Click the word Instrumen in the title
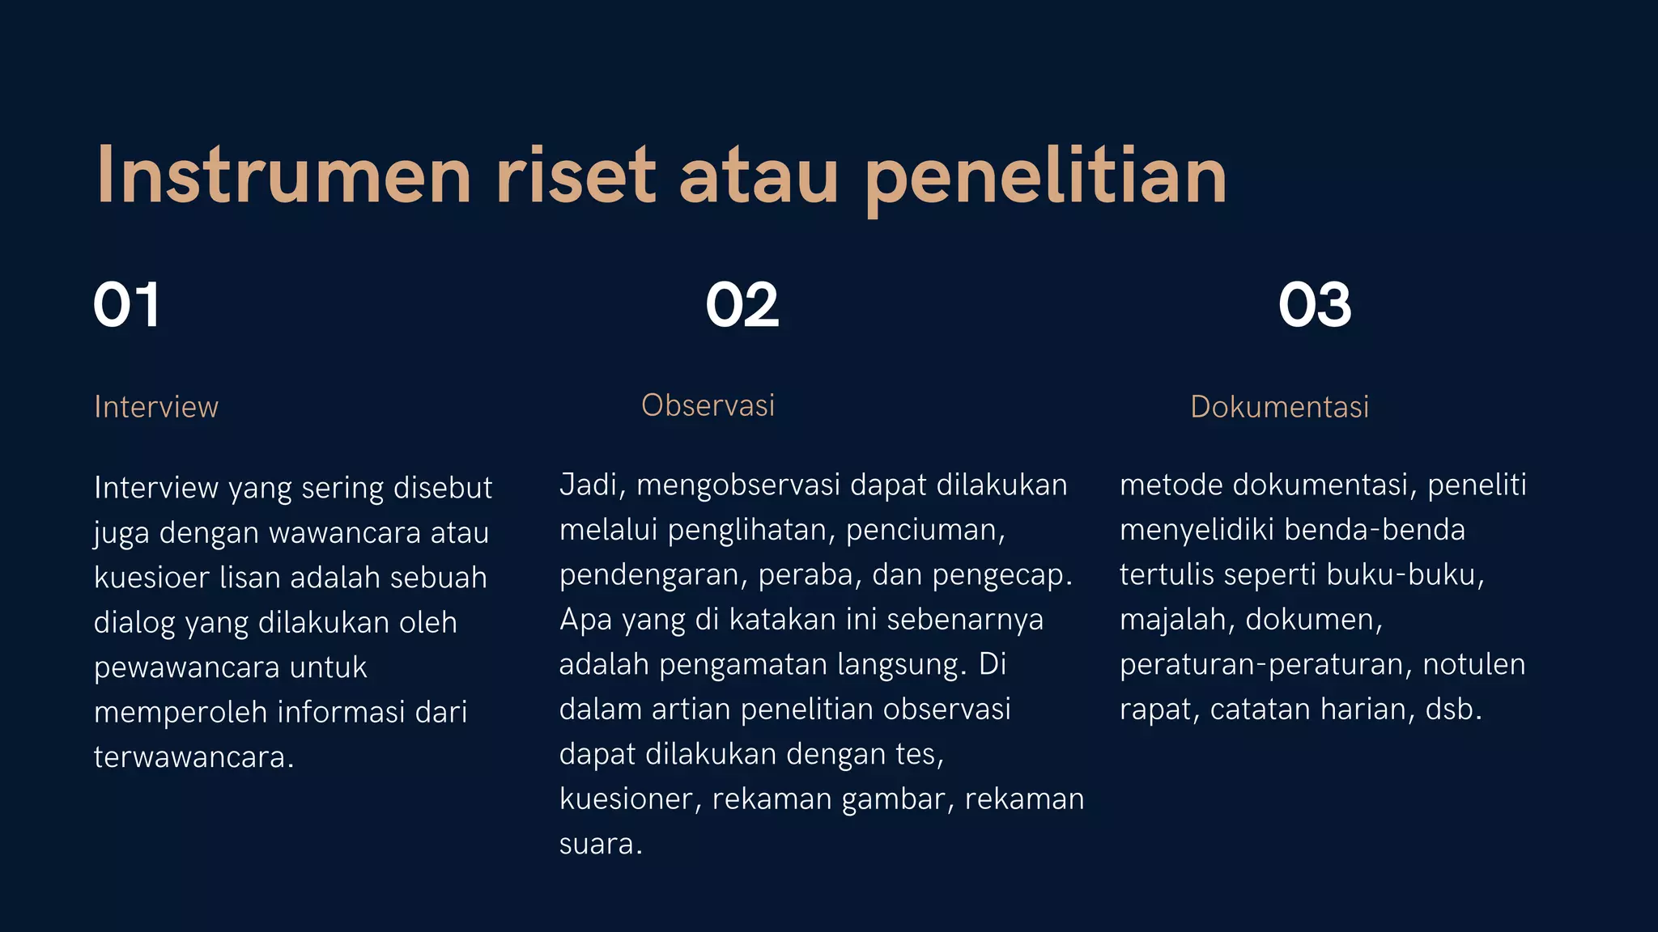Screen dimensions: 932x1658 283,176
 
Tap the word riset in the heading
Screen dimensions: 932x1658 575,176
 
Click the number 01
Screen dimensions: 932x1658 126,305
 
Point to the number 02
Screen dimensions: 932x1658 742,305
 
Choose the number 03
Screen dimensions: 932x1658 1315,305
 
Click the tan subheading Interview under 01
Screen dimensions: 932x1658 156,407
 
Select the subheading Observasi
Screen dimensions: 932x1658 708,405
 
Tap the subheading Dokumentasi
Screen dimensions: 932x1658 1279,407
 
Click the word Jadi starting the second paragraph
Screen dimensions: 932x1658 589,485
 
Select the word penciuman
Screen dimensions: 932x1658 925,530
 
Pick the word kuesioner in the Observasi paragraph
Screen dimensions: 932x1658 629,799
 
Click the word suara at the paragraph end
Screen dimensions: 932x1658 598,844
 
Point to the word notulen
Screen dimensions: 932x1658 1473,664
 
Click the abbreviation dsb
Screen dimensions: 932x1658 1453,710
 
